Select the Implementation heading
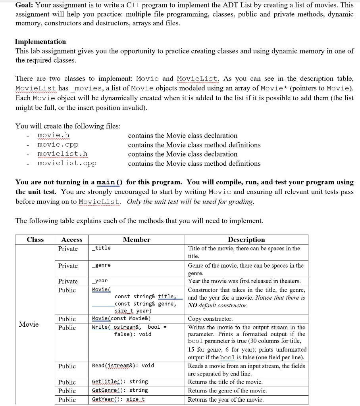(40, 42)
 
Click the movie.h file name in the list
(54, 136)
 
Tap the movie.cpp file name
(58, 145)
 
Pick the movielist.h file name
(62, 154)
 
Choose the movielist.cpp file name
(67, 163)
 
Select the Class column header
(35, 239)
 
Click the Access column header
(72, 239)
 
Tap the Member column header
(137, 239)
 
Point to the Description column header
(246, 239)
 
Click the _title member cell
(101, 248)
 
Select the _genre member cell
(101, 265)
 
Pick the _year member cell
(100, 281)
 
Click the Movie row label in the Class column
(29, 324)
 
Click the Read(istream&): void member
(123, 366)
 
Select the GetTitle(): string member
(120, 381)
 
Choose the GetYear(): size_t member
(119, 399)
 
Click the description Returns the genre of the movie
(227, 391)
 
